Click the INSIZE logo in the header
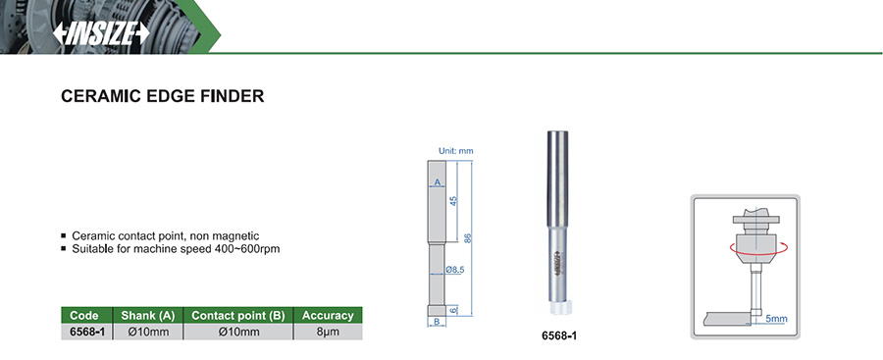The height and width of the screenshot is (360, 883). (x=101, y=33)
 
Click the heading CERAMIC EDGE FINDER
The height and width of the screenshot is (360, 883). (x=162, y=96)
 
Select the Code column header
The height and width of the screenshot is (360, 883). (x=86, y=316)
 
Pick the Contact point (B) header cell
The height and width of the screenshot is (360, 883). (x=238, y=316)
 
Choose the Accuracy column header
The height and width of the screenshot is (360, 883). (x=328, y=316)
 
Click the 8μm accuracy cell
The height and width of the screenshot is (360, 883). (x=328, y=332)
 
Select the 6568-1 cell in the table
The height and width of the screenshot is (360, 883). (x=86, y=332)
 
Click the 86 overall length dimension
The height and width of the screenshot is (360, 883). (x=467, y=238)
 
